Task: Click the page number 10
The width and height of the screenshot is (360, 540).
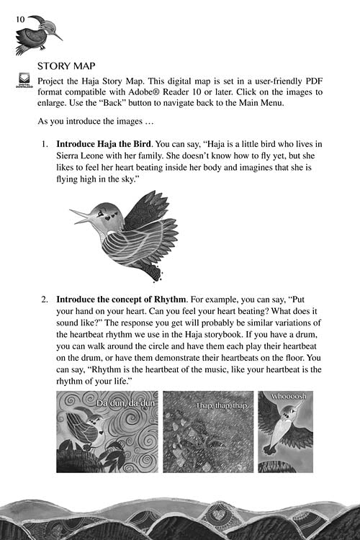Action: pyautogui.click(x=20, y=19)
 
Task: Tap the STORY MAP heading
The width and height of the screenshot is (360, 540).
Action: pyautogui.click(x=66, y=66)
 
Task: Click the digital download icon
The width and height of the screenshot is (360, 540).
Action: pyautogui.click(x=24, y=80)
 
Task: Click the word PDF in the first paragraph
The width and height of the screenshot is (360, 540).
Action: pyautogui.click(x=314, y=81)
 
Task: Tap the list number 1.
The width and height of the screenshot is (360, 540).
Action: pyautogui.click(x=45, y=144)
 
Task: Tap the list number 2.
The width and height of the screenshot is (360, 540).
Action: pyautogui.click(x=45, y=300)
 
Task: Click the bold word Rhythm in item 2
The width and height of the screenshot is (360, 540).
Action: pyautogui.click(x=170, y=300)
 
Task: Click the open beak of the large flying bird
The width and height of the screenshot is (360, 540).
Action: pyautogui.click(x=80, y=215)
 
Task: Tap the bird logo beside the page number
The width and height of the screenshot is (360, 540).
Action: pyautogui.click(x=39, y=35)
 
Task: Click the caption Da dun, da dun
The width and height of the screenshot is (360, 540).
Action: pyautogui.click(x=126, y=403)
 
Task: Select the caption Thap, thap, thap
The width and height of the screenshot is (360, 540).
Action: pyautogui.click(x=222, y=405)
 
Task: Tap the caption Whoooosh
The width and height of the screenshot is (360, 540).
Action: pyautogui.click(x=289, y=397)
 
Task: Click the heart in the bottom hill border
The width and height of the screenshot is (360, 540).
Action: pyautogui.click(x=217, y=515)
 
